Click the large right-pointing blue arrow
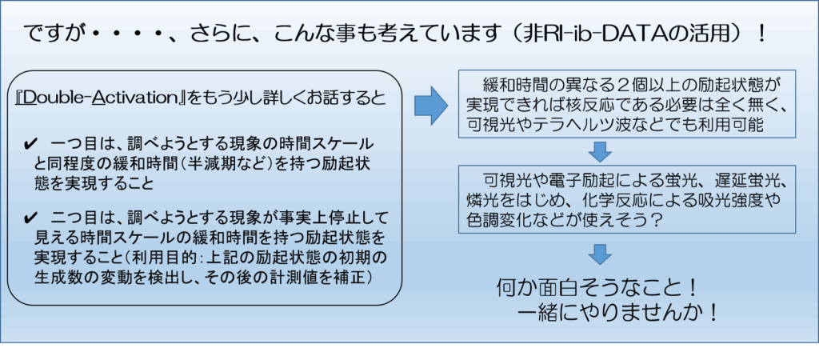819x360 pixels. pyautogui.click(x=430, y=106)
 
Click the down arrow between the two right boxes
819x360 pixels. pyautogui.click(x=600, y=151)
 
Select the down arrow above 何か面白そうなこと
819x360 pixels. pyautogui.click(x=600, y=253)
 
